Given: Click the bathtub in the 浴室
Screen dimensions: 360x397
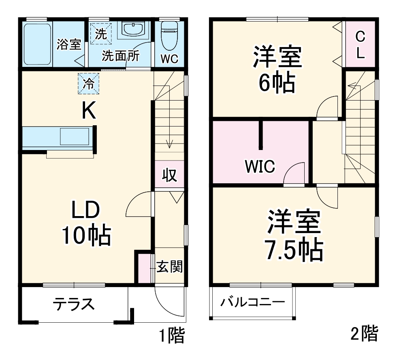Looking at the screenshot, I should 37,45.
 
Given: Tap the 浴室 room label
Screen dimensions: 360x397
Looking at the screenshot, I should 69,45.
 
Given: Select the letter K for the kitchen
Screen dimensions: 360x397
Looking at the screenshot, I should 89,110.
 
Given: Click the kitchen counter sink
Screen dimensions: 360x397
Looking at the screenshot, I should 75,137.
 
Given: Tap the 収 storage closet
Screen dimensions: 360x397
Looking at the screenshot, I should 170,176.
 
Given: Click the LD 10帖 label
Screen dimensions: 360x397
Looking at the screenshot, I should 86,223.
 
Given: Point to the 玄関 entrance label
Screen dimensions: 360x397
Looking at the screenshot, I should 170,267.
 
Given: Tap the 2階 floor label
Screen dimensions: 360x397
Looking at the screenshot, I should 364,334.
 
